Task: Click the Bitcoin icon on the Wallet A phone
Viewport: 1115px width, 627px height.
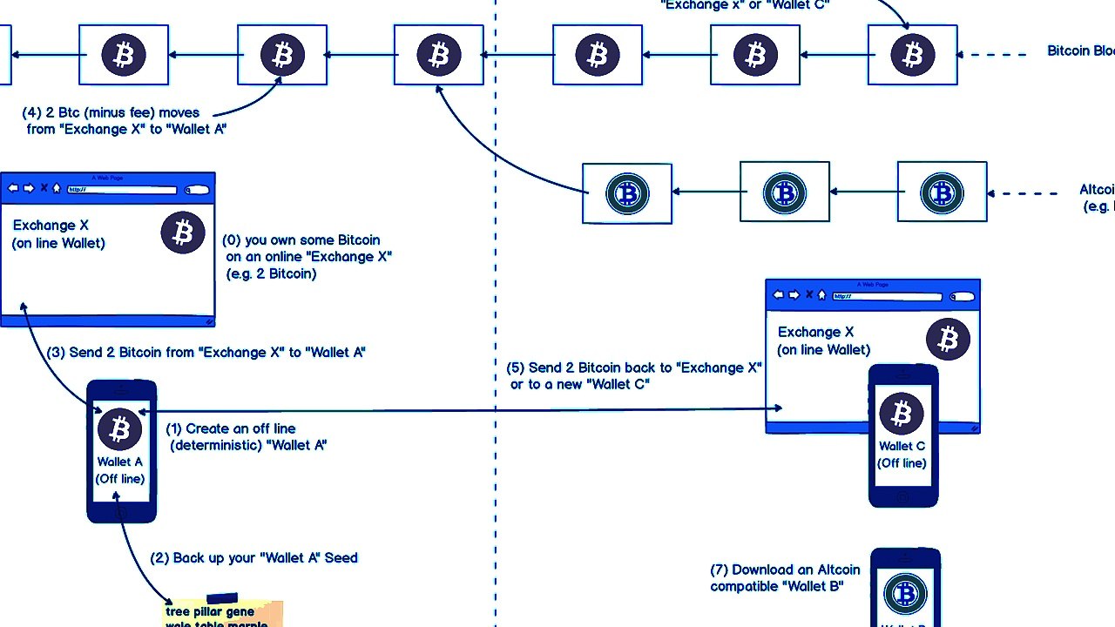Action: point(120,428)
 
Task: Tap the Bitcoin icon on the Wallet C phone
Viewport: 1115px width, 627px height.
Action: point(902,414)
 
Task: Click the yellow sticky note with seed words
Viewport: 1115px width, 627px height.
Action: point(223,613)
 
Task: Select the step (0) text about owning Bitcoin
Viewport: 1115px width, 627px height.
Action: point(307,257)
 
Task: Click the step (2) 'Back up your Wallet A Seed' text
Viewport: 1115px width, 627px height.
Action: point(253,557)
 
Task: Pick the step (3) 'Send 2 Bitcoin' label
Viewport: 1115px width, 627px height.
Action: point(206,353)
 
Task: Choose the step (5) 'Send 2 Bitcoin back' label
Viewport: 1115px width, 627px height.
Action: point(634,375)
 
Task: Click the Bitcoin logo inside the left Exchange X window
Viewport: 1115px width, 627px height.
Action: point(183,233)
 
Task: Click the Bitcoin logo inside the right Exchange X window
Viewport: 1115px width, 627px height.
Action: point(948,339)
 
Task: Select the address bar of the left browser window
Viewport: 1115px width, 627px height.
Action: point(122,189)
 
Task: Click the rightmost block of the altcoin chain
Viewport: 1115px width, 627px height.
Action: point(942,192)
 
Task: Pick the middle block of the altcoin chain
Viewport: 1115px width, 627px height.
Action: point(784,192)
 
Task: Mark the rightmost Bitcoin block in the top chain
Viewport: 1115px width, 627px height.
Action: point(912,55)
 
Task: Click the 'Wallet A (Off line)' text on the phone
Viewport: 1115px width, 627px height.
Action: point(120,470)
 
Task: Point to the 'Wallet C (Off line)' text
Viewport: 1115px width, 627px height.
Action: point(902,455)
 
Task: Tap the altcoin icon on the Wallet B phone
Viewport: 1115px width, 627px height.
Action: point(904,594)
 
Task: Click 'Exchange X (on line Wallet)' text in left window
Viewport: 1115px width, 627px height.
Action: point(58,234)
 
